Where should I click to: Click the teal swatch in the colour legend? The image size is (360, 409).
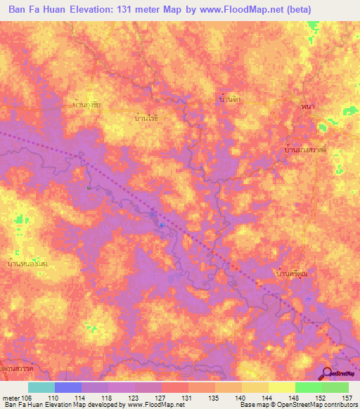point(41,387)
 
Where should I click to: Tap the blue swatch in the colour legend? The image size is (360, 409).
point(68,387)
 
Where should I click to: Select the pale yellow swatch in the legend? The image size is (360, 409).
point(281,387)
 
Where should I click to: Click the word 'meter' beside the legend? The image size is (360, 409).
point(10,397)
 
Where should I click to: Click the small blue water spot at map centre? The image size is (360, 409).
point(162,225)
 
